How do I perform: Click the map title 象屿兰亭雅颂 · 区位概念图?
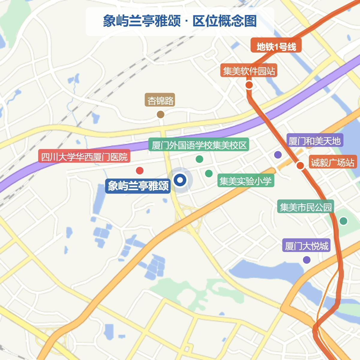pos(180,21)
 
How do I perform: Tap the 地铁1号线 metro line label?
pos(276,47)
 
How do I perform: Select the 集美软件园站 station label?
pos(249,71)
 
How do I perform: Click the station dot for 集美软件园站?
pos(249,85)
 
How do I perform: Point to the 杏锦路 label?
pos(160,100)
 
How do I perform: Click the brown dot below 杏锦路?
pos(161,114)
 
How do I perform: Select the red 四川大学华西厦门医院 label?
pos(84,157)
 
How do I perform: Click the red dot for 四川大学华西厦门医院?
pos(140,171)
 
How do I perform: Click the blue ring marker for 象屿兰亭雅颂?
pos(180,180)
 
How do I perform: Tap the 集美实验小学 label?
pos(246,181)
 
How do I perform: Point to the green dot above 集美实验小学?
pos(209,174)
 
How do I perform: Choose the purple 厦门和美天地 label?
pos(315,141)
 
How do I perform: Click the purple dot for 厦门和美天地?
pos(278,155)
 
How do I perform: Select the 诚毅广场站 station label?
pos(333,162)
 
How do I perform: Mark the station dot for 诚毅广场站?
pos(300,166)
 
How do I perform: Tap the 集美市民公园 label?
pos(306,206)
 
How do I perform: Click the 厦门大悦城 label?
pos(306,246)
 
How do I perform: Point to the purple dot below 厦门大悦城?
pos(307,260)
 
